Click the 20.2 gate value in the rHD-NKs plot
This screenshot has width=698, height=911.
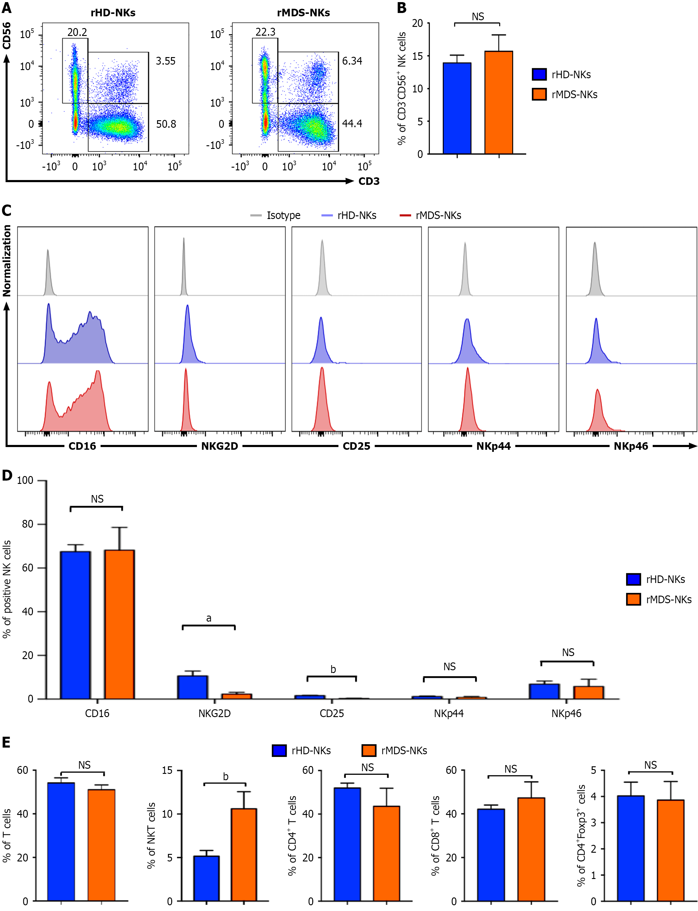point(77,32)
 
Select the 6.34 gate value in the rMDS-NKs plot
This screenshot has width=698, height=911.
point(352,61)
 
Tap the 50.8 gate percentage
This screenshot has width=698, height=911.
point(166,124)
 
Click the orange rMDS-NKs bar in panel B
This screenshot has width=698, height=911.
point(499,103)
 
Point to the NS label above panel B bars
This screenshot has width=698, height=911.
point(478,17)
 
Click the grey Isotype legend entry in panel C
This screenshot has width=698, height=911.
point(275,215)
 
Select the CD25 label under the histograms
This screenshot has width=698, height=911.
point(356,446)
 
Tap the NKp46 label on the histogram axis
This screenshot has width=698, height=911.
point(631,446)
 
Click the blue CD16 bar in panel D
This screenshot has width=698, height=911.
point(75,625)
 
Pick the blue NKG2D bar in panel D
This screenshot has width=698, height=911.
point(193,687)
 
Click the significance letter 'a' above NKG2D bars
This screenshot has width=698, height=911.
point(209,619)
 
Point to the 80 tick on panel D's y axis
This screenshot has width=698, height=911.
point(27,524)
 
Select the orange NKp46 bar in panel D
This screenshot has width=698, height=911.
point(588,693)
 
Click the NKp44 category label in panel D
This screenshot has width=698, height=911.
point(449,714)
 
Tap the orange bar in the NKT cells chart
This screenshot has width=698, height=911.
point(244,855)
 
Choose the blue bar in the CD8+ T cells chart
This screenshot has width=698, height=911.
point(491,855)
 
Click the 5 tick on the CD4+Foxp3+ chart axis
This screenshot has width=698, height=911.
point(593,770)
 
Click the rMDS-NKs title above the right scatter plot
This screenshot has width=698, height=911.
point(303,13)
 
